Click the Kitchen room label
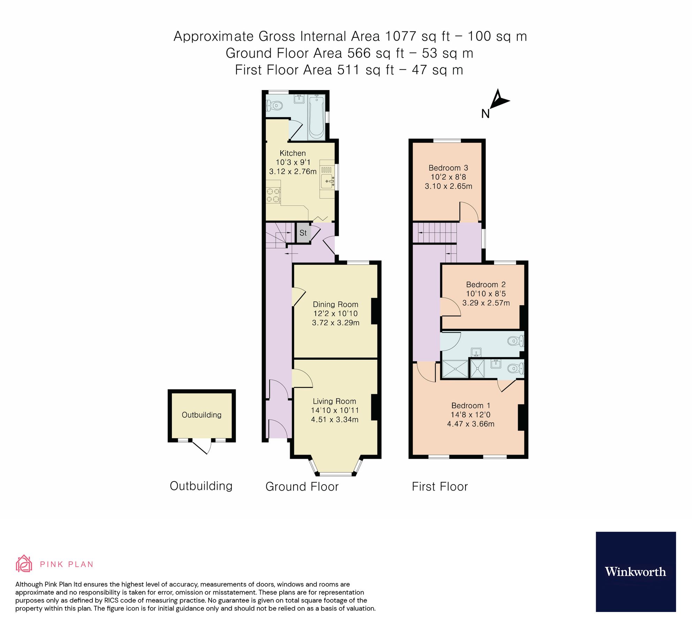click(x=292, y=153)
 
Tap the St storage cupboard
click(x=303, y=233)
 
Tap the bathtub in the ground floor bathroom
click(x=317, y=117)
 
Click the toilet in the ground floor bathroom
click(x=275, y=105)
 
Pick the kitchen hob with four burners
click(x=273, y=195)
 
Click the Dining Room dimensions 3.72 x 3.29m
click(x=335, y=323)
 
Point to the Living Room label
click(x=334, y=401)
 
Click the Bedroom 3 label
click(x=448, y=168)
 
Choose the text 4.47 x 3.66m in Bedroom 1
click(x=471, y=424)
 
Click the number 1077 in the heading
click(x=401, y=36)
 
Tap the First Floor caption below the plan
click(x=440, y=486)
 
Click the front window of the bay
click(x=336, y=474)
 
